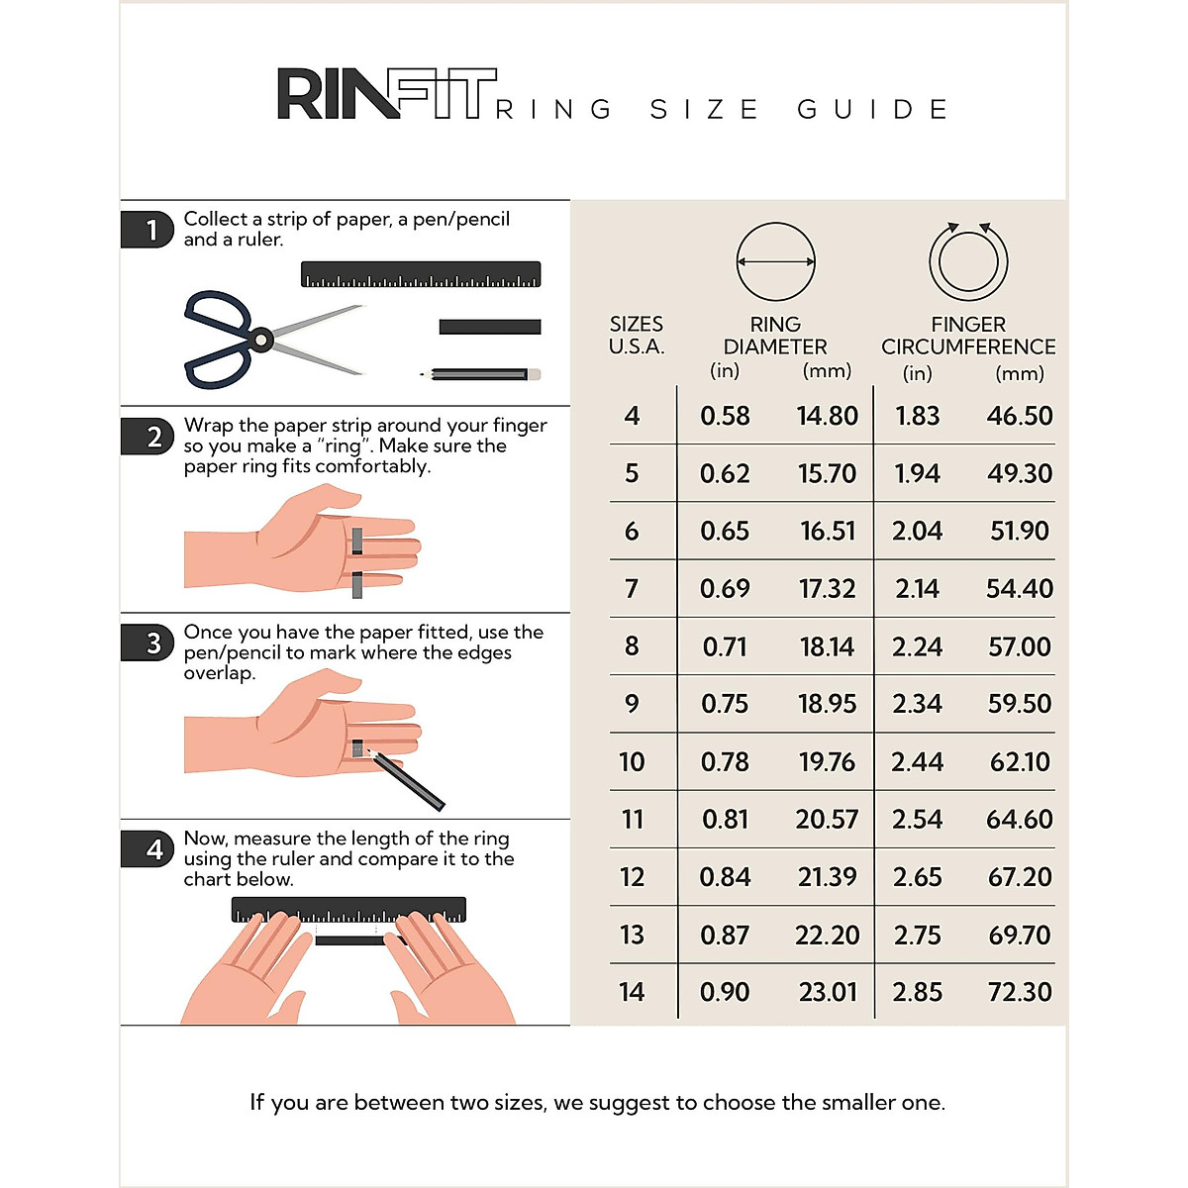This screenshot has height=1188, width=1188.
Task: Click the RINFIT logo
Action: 386,95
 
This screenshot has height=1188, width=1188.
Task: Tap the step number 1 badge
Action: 148,230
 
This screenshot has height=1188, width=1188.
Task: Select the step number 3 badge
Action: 148,643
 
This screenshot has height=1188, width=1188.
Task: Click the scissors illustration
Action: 262,341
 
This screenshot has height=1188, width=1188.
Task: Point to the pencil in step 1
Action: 481,375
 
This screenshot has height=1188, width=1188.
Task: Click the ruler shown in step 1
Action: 421,274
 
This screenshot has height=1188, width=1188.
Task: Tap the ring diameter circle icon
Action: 775,262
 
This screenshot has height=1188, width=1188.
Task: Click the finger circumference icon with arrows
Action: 968,262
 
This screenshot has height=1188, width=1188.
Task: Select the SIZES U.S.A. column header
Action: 637,336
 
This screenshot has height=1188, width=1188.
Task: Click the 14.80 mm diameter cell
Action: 828,416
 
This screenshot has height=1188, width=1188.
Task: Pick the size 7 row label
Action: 632,589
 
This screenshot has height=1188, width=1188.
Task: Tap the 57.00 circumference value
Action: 1020,647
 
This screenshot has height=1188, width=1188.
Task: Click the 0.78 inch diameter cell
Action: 725,762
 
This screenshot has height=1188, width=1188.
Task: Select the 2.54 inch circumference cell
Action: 917,820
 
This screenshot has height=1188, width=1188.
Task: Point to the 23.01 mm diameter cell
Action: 828,992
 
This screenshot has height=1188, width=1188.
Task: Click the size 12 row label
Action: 632,877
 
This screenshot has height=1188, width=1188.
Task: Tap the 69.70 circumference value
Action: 1020,935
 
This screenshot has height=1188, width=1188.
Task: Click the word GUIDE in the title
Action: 872,109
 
